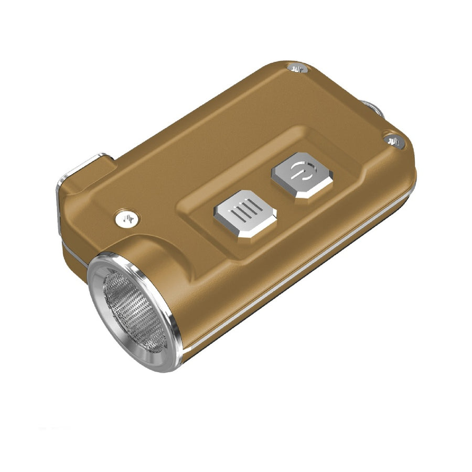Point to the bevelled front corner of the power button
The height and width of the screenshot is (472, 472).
[x=309, y=194]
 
